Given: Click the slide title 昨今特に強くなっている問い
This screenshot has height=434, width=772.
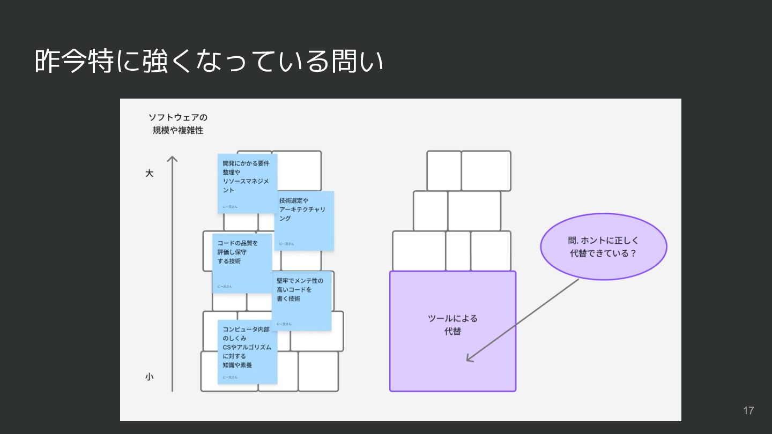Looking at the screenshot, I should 209,62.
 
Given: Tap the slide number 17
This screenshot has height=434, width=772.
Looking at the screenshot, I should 748,410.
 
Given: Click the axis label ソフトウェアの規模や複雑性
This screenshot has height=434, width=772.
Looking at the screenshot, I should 178,124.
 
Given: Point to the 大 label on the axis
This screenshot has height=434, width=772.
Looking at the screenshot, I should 150,174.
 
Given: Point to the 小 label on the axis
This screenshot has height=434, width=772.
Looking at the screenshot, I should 150,377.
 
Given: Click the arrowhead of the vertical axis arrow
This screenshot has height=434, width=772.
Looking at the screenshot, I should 172,159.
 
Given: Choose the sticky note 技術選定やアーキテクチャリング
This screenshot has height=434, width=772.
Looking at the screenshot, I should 304,220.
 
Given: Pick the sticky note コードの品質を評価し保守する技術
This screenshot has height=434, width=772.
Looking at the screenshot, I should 242,263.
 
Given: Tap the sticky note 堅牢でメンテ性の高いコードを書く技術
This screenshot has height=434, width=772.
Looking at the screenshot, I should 301,301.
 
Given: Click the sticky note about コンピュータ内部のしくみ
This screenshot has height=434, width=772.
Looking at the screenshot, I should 247,351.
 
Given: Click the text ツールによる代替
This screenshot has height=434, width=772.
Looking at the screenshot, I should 452,325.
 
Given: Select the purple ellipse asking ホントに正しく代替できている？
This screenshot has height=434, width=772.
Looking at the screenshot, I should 603,247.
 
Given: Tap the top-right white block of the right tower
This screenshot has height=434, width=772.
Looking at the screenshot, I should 486,171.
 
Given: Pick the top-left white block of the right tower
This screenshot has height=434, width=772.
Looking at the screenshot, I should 444,171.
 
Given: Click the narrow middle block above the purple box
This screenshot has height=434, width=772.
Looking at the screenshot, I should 458,251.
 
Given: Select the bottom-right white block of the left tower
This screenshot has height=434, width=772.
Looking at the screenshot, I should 318,371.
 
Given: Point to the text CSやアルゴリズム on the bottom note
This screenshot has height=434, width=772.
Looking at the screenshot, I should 247,347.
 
